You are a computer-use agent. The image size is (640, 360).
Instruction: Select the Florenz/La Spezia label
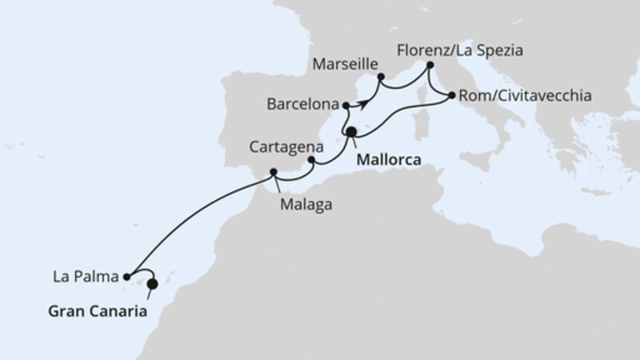[x=459, y=50]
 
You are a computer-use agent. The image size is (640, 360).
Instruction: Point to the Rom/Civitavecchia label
[x=526, y=96]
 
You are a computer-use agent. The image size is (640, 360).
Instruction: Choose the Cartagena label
[x=286, y=147]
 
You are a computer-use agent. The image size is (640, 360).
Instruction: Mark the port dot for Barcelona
[x=345, y=106]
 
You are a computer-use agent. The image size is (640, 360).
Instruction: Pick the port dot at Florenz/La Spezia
[x=430, y=65]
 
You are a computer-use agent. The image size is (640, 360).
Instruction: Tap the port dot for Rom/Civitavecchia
[x=452, y=96]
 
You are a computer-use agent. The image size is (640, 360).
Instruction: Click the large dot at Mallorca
[x=351, y=132]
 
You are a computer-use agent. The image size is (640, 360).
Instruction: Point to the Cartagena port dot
[x=311, y=160]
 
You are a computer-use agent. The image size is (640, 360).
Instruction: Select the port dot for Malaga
[x=274, y=172]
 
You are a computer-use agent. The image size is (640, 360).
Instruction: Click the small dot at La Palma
[x=127, y=277]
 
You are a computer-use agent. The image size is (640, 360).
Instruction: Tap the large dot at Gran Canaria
[x=152, y=283]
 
